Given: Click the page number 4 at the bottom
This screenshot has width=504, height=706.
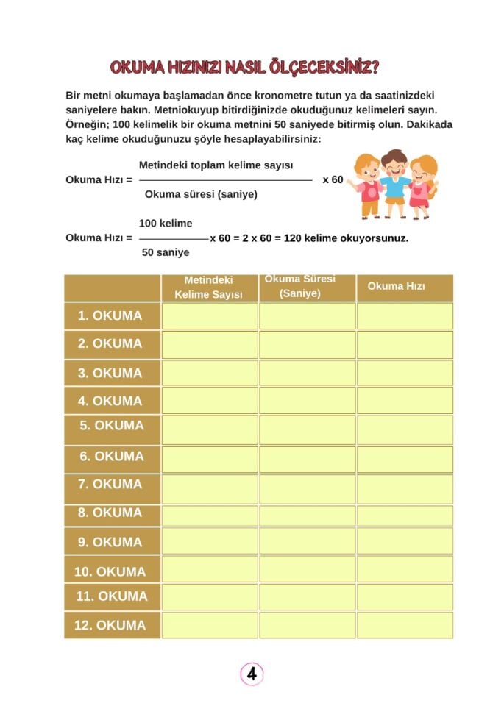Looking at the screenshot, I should pyautogui.click(x=252, y=673).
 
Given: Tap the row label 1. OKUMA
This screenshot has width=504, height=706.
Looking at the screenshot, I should pyautogui.click(x=110, y=315).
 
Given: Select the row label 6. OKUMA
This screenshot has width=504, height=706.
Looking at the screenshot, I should pyautogui.click(x=112, y=456).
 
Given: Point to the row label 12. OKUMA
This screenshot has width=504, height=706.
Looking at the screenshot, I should pyautogui.click(x=110, y=625).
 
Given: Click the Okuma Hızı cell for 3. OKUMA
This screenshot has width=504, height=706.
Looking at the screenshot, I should pyautogui.click(x=405, y=372).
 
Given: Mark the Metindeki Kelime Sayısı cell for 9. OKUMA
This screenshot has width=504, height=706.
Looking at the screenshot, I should pyautogui.click(x=210, y=541).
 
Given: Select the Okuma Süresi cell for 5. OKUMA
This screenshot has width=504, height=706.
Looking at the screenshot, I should pyautogui.click(x=307, y=429).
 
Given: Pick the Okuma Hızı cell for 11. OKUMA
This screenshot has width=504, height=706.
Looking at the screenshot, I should pyautogui.click(x=405, y=596).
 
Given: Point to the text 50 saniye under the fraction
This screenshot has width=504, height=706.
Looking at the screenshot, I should pyautogui.click(x=166, y=252).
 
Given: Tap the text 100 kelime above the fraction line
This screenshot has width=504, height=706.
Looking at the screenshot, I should pyautogui.click(x=166, y=223).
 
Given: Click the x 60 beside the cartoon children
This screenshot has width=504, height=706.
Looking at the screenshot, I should pyautogui.click(x=333, y=179).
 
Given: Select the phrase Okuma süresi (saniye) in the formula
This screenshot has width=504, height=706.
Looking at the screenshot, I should pyautogui.click(x=201, y=194).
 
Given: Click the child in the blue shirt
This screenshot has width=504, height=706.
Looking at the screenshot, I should pyautogui.click(x=394, y=184).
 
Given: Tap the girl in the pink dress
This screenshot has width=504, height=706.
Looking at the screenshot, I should pyautogui.click(x=421, y=188).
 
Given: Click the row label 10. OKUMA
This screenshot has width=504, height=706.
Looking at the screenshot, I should pyautogui.click(x=110, y=571).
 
